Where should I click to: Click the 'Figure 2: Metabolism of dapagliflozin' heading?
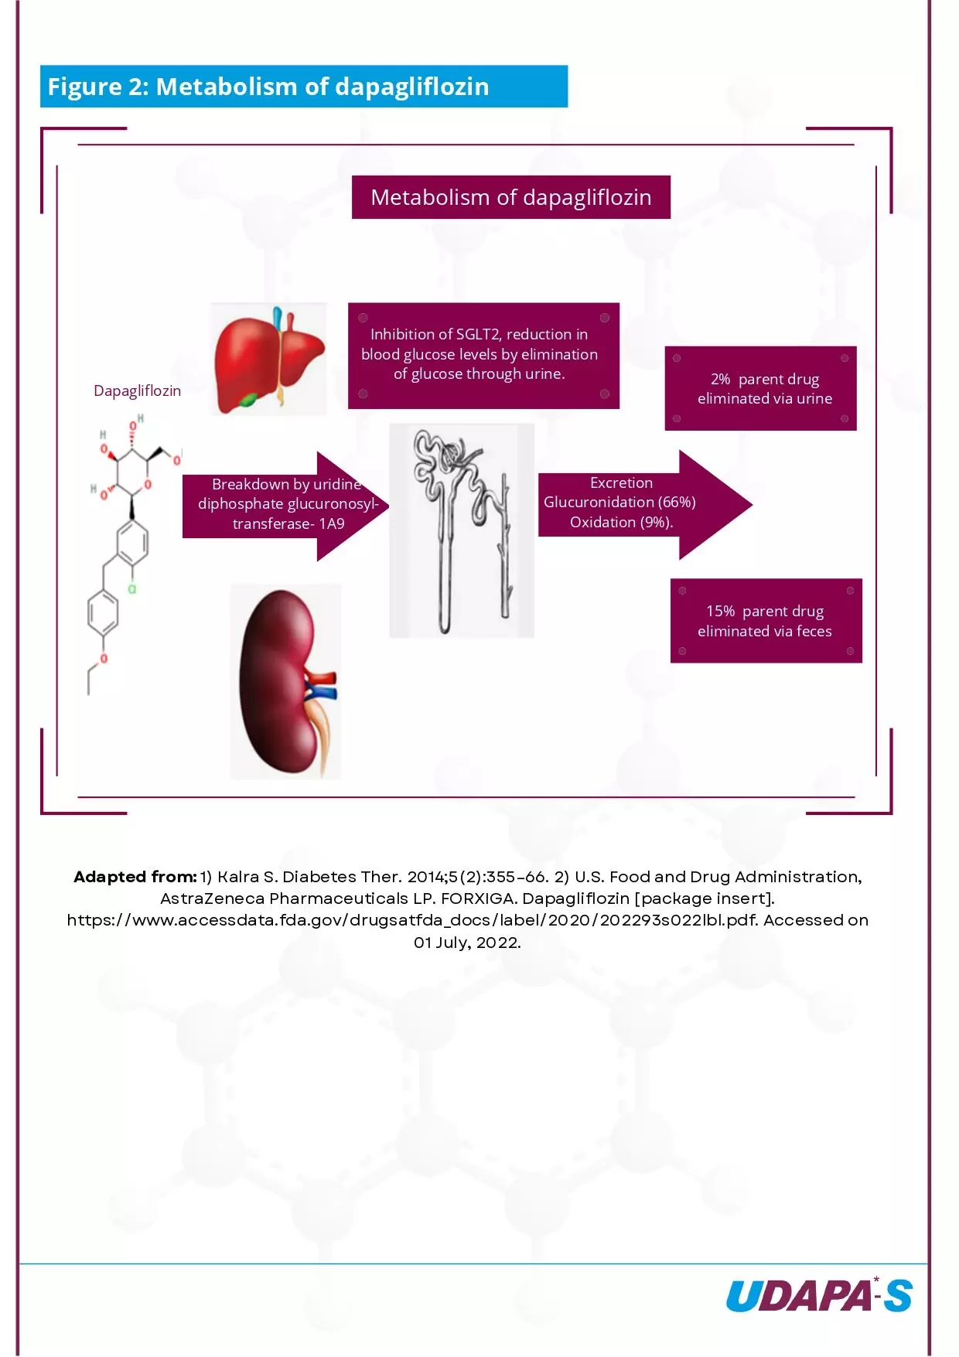(268, 87)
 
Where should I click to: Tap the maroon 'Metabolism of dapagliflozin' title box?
(510, 197)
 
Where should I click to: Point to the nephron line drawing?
(461, 530)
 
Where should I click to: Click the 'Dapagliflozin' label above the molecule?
(137, 390)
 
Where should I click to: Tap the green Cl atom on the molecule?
(132, 589)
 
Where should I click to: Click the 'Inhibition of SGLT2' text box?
(483, 355)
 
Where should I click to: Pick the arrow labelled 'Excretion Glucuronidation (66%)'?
(634, 503)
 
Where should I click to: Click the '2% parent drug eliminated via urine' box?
(761, 388)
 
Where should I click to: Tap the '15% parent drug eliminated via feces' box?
(766, 621)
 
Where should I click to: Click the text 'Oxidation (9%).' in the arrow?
(621, 523)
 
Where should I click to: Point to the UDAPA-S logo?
(818, 1296)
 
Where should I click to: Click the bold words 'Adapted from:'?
(135, 877)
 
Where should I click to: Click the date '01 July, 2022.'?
(467, 943)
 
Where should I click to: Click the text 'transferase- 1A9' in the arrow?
(288, 524)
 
